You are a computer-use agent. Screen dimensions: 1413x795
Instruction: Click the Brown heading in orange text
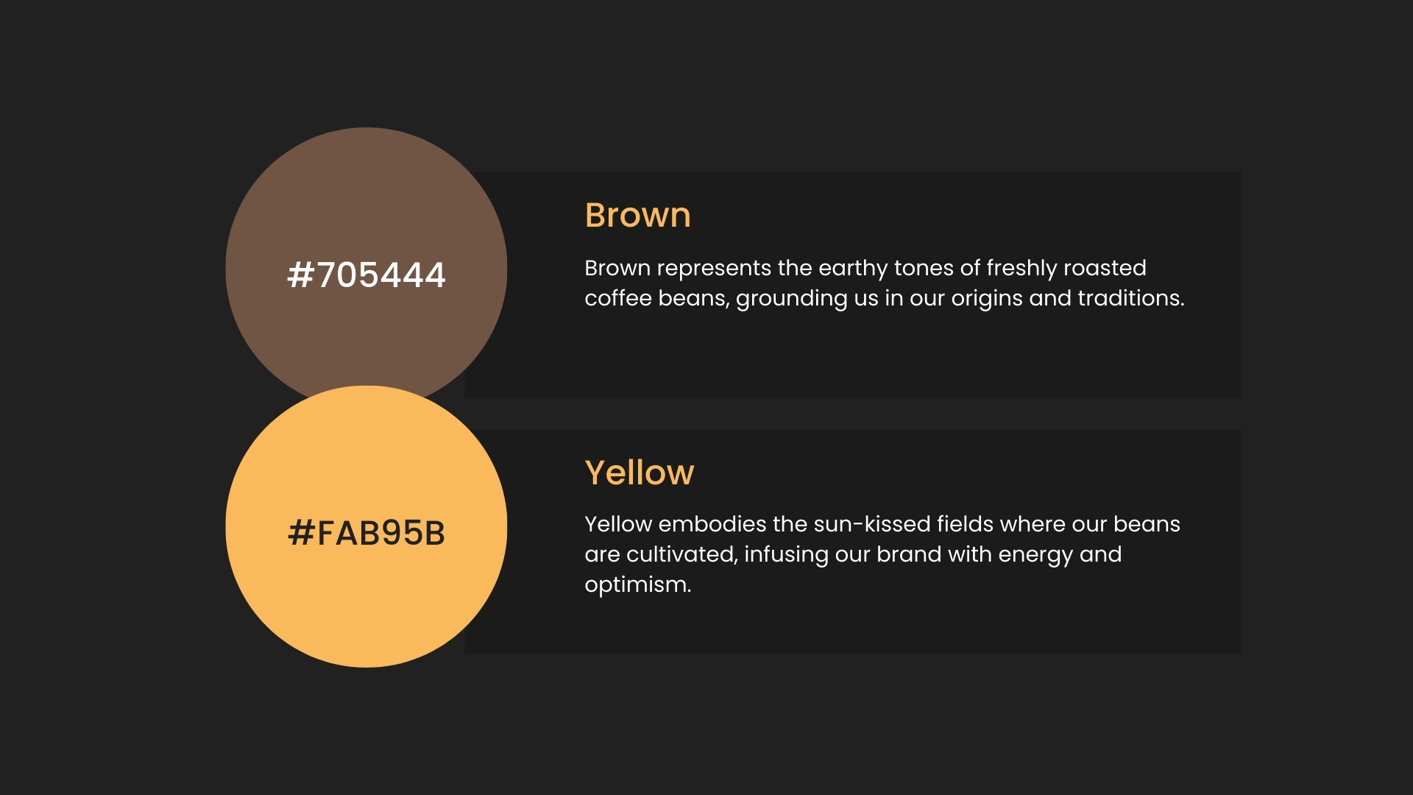pyautogui.click(x=637, y=215)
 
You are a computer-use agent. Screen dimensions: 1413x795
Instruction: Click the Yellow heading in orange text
pyautogui.click(x=640, y=473)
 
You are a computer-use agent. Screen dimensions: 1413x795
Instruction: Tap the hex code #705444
pyautogui.click(x=366, y=275)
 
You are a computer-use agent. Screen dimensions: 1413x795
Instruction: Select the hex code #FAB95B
pyautogui.click(x=366, y=533)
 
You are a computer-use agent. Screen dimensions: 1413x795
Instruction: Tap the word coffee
pyautogui.click(x=618, y=298)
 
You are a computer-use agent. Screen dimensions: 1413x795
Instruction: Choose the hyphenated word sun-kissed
pyautogui.click(x=872, y=524)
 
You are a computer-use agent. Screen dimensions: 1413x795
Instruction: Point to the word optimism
pyautogui.click(x=638, y=585)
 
